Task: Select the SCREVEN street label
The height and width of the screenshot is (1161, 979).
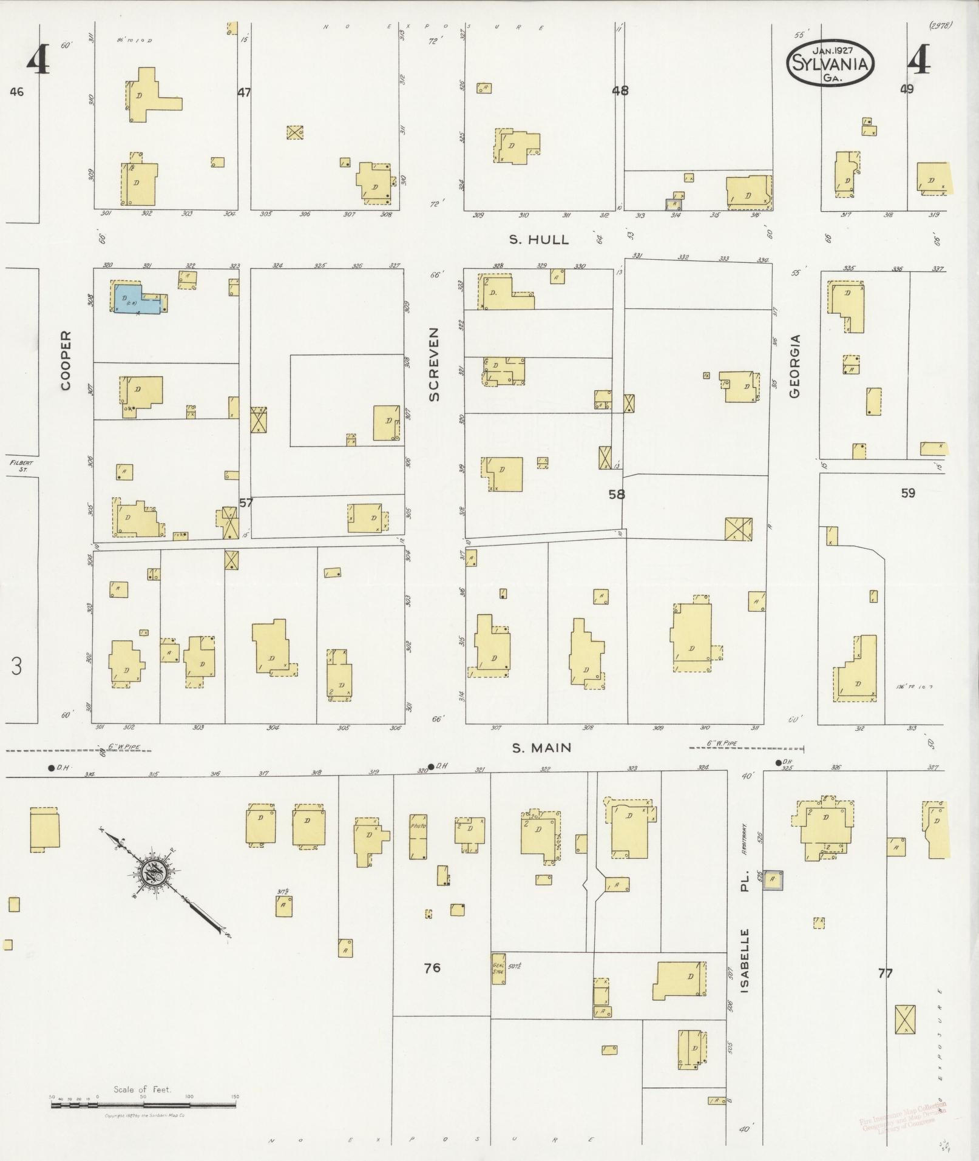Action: pyautogui.click(x=434, y=364)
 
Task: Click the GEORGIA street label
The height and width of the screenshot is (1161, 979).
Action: pyautogui.click(x=794, y=366)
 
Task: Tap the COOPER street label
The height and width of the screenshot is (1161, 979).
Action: pyautogui.click(x=66, y=360)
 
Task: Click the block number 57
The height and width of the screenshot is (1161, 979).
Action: pyautogui.click(x=246, y=503)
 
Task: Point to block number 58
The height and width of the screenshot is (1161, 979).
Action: pyautogui.click(x=617, y=495)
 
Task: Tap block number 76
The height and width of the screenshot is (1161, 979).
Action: pyautogui.click(x=432, y=968)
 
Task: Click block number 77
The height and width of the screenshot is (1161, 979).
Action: pyautogui.click(x=886, y=973)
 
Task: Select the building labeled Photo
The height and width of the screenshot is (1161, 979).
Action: pyautogui.click(x=418, y=836)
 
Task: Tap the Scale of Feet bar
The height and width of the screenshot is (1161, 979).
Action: pyautogui.click(x=143, y=1106)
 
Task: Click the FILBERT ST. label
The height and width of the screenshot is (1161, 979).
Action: pyautogui.click(x=22, y=465)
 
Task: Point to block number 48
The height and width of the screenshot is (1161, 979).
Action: pyautogui.click(x=620, y=91)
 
